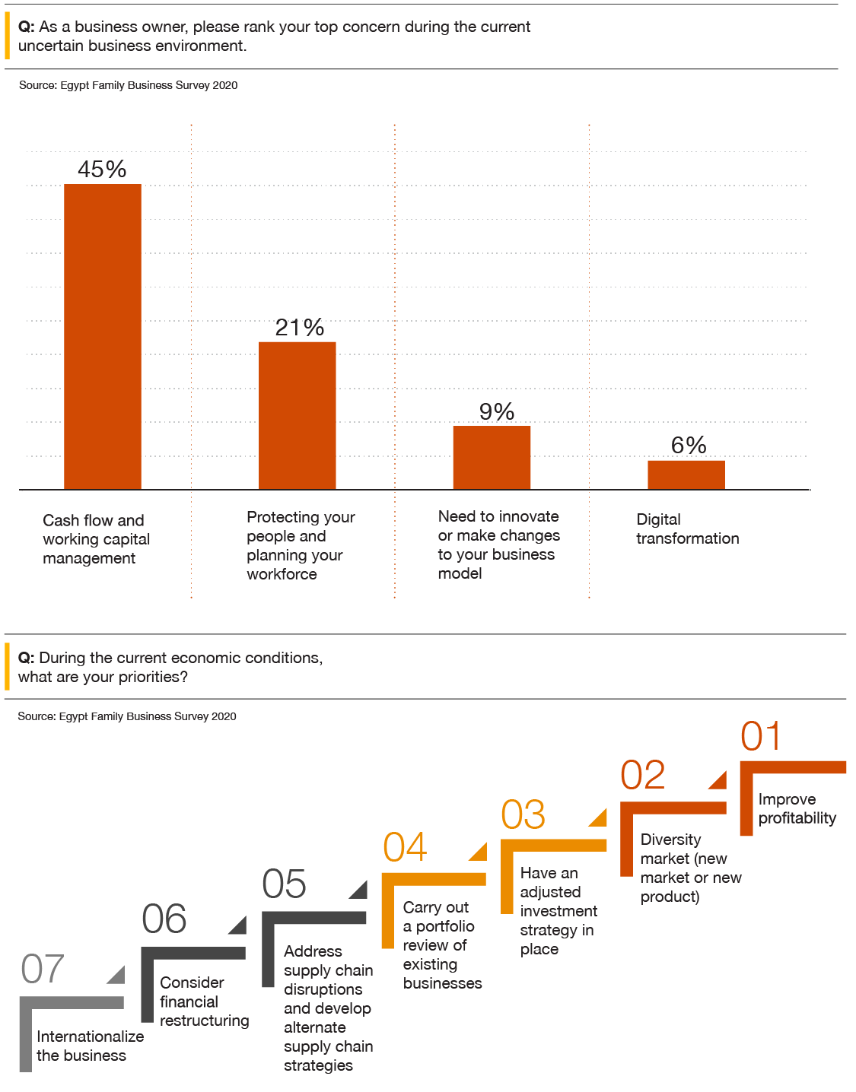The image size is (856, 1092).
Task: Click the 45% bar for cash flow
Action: tap(103, 337)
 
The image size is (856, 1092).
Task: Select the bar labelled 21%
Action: tap(298, 415)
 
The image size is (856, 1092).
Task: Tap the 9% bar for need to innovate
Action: tap(492, 458)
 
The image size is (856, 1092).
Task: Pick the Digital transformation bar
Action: tap(686, 475)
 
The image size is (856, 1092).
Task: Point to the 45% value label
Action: tap(102, 169)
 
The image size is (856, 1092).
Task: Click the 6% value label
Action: tap(689, 445)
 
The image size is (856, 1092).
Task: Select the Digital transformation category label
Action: tap(687, 529)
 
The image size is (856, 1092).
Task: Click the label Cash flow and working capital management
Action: tap(96, 539)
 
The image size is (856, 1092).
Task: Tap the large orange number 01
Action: tap(761, 736)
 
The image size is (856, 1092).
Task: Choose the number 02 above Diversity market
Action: tap(643, 775)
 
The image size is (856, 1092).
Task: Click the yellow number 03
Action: tap(523, 814)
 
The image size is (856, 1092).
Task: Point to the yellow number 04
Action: tap(405, 847)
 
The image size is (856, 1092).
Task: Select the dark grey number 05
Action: tap(285, 884)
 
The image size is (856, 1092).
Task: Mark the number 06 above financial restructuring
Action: tap(164, 919)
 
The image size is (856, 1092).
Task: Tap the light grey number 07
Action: tap(43, 969)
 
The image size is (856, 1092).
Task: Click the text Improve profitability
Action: tap(797, 808)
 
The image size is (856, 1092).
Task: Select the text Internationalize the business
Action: tap(90, 1046)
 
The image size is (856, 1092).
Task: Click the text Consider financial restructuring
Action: tap(204, 1002)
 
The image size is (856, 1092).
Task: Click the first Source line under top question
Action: tap(128, 85)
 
